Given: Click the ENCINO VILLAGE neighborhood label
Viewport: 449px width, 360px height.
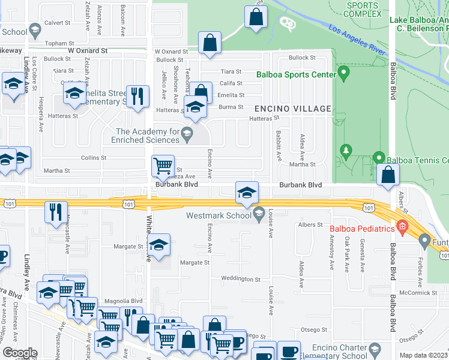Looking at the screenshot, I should pos(293,109).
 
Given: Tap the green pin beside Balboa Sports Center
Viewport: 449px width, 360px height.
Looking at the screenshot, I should pos(344,74).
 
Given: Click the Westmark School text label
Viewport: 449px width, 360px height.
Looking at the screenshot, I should pos(218,215).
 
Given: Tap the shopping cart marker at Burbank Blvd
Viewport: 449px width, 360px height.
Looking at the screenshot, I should pos(163,166).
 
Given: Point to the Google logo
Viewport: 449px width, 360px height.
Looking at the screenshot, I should pos(20,353).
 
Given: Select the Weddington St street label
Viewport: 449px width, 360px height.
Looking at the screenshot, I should pos(241,280).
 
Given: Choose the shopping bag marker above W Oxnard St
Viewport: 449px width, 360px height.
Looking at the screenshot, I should pos(209,43).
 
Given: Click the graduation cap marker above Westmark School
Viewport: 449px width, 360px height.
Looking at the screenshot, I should pos(247,193).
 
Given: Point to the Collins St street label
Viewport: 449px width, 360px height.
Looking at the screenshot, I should pos(94,158).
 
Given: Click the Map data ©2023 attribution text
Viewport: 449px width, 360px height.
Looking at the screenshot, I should pos(423,355).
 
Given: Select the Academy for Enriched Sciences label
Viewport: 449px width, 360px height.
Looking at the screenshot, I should pos(146,136).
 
